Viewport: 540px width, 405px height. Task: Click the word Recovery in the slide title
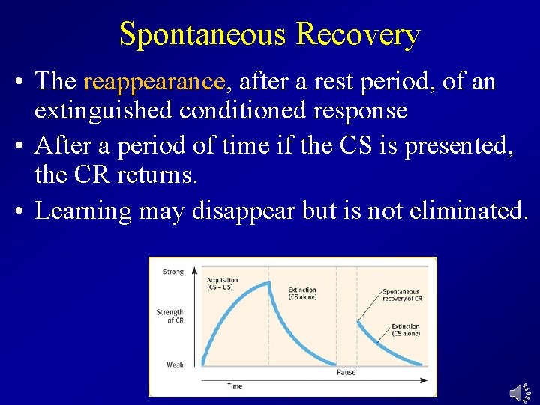click(358, 34)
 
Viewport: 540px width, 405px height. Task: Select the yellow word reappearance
click(154, 81)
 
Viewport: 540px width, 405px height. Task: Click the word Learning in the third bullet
click(83, 211)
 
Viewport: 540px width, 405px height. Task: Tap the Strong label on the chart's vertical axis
click(172, 272)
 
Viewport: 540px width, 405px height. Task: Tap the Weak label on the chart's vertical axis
click(175, 364)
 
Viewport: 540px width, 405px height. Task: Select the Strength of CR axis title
click(170, 316)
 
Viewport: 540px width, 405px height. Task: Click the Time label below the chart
click(235, 386)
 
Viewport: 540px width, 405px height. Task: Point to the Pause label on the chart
click(346, 372)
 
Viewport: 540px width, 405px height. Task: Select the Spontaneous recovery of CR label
click(402, 295)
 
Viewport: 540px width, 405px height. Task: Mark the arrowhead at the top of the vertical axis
click(194, 269)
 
